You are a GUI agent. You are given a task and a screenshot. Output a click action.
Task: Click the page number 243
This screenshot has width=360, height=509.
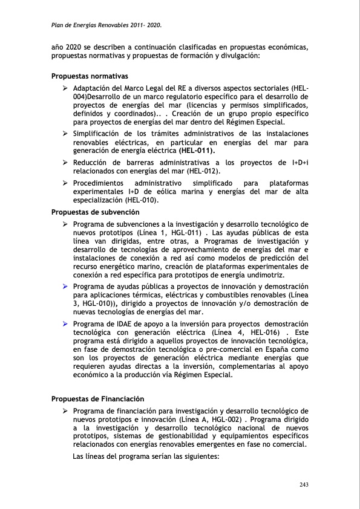tap(304, 484)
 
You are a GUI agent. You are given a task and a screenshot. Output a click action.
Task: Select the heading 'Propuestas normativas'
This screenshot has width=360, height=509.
tap(90, 77)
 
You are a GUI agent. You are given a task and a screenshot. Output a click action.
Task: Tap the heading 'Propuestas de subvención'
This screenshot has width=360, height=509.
tap(96, 212)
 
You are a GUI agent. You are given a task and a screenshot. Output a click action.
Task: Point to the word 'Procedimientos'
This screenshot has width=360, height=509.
tap(99, 183)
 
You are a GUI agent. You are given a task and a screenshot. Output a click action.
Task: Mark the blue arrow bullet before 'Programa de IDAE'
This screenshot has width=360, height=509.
tap(65, 324)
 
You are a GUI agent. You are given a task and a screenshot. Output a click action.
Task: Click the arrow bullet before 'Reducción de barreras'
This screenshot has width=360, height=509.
tap(65, 163)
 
